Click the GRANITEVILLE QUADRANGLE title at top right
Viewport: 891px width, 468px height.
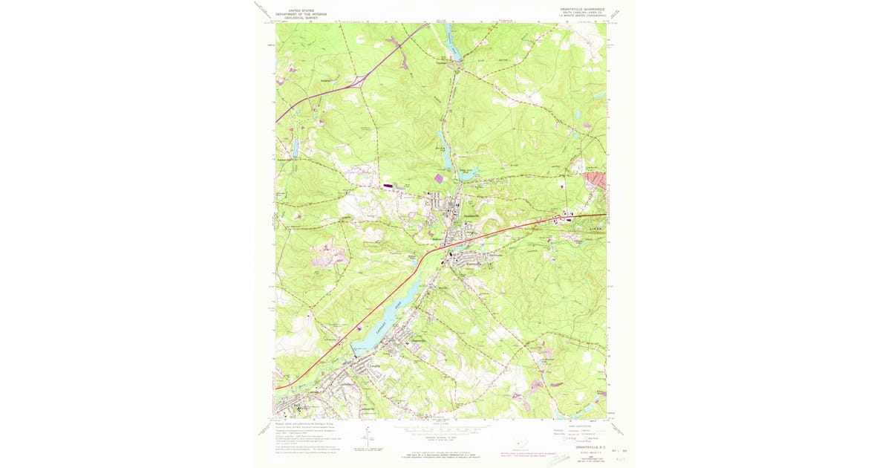577,10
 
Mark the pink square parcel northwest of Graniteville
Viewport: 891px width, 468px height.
438,178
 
